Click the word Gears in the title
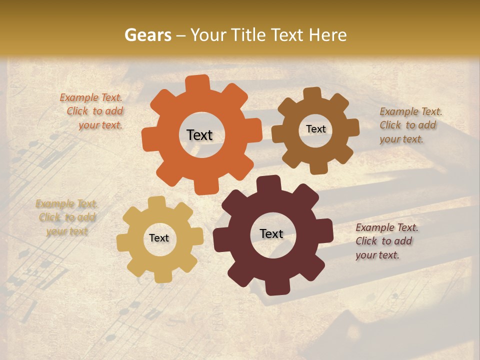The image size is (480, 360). pyautogui.click(x=147, y=35)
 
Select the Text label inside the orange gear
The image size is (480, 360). pyautogui.click(x=199, y=135)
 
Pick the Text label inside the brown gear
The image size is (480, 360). pyautogui.click(x=315, y=129)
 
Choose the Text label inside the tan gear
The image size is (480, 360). pyautogui.click(x=159, y=238)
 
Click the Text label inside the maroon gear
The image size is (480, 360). pyautogui.click(x=271, y=233)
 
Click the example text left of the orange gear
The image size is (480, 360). pyautogui.click(x=92, y=111)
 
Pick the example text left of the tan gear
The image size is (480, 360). pyautogui.click(x=67, y=217)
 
